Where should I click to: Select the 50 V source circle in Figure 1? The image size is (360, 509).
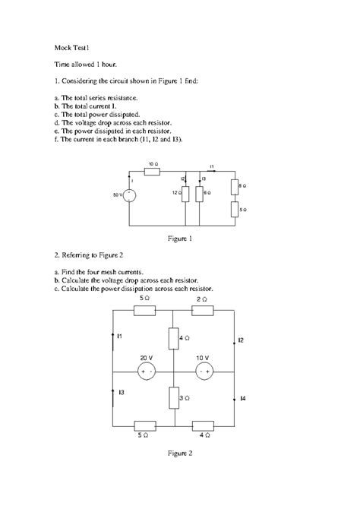[130, 195]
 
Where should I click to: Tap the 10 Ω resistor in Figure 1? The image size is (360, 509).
[152, 171]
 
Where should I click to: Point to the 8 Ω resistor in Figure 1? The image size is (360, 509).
[232, 186]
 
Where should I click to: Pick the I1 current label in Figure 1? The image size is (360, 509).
[212, 166]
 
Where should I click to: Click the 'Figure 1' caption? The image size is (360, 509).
[179, 239]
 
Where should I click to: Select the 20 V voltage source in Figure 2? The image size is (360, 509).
[145, 371]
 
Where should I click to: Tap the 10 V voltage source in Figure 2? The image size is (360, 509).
[202, 371]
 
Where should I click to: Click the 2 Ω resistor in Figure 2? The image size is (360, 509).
[202, 310]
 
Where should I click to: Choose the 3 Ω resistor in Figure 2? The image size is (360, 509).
[174, 397]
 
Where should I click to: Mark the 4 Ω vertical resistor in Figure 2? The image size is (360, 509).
[174, 337]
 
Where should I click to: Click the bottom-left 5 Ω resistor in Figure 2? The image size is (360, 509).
[144, 426]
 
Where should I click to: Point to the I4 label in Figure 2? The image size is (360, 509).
[242, 398]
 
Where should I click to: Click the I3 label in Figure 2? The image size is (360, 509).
[122, 391]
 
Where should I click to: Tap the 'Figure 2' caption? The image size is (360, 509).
[180, 454]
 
